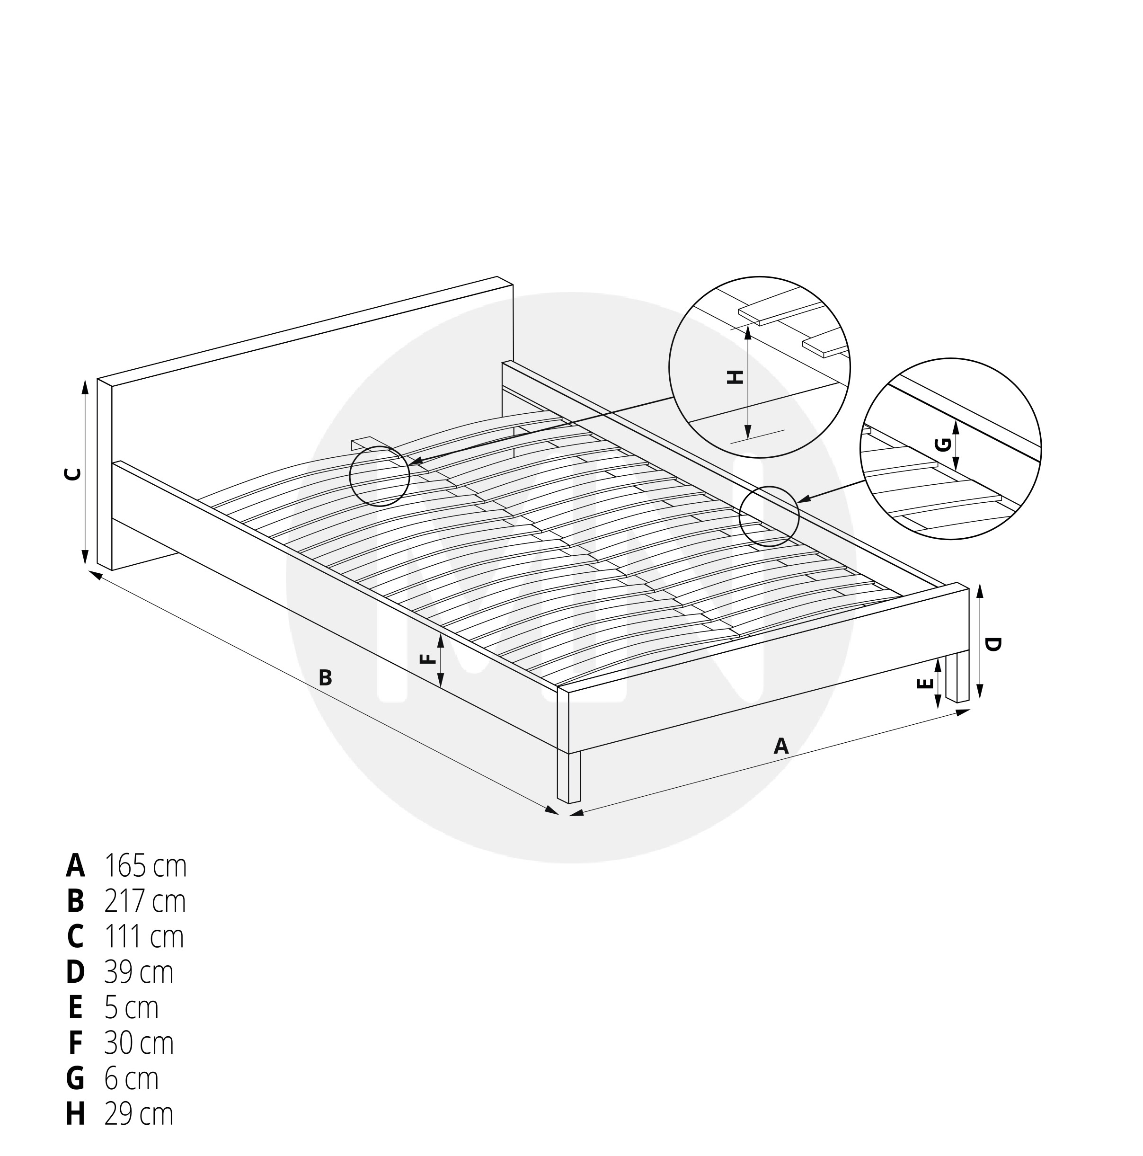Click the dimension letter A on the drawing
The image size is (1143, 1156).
tap(780, 746)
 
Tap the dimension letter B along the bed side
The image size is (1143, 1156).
tap(325, 677)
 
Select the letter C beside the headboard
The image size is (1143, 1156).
tap(72, 474)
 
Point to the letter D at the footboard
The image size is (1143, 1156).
tap(992, 644)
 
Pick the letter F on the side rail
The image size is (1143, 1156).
tap(426, 659)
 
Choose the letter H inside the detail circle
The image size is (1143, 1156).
tap(735, 377)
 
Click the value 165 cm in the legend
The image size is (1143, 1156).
tap(145, 866)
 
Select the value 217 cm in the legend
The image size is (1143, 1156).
tap(145, 901)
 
